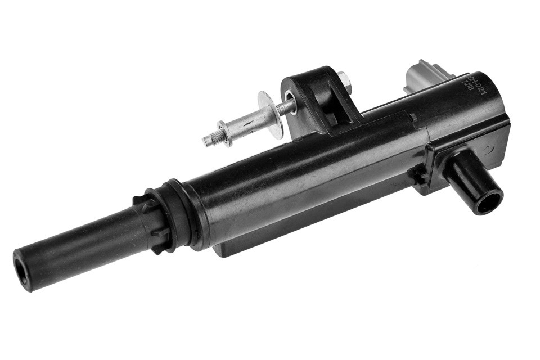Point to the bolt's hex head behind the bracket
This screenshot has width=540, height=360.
345,82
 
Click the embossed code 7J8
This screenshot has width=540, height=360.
467,86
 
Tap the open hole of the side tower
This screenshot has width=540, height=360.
488,201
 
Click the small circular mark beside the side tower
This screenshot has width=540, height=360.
488,150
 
